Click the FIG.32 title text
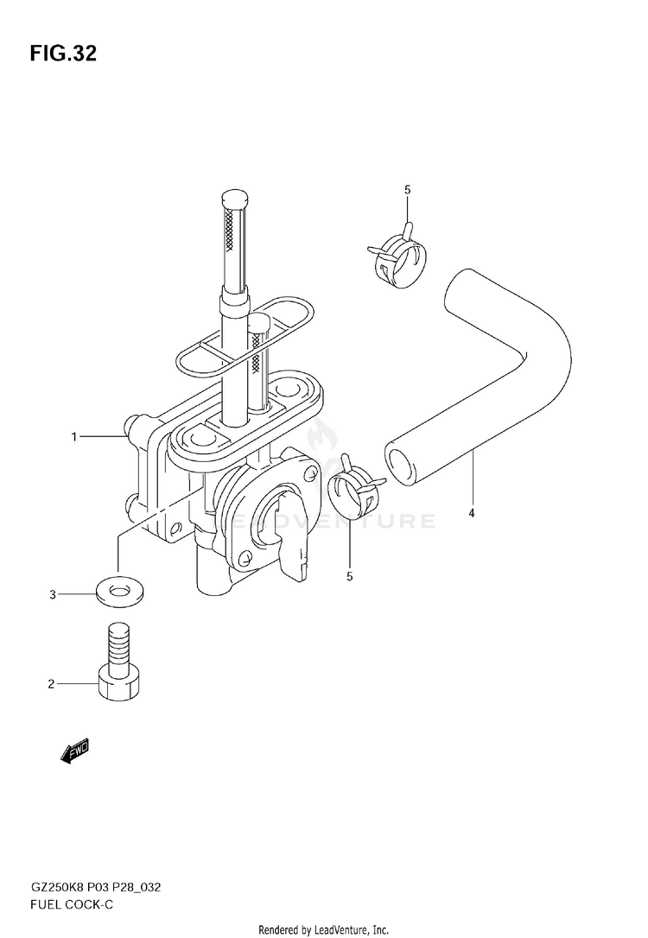pyautogui.click(x=62, y=54)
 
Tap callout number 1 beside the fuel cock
pyautogui.click(x=74, y=438)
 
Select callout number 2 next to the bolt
pyautogui.click(x=51, y=684)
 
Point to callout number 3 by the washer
pyautogui.click(x=52, y=594)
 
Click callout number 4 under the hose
pyautogui.click(x=472, y=515)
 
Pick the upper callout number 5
pyautogui.click(x=408, y=189)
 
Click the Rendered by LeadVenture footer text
pyautogui.click(x=324, y=929)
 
